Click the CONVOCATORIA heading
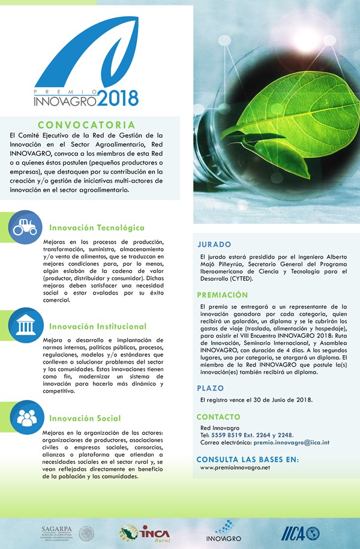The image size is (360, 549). (91, 125)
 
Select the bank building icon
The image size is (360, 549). (26, 326)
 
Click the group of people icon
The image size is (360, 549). (26, 418)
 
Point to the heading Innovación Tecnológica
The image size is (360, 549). (97, 228)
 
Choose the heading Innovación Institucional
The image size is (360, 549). (98, 326)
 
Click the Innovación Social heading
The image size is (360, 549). (85, 418)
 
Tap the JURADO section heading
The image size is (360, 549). (214, 245)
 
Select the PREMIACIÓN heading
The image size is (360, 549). (222, 295)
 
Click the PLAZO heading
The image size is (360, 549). (210, 388)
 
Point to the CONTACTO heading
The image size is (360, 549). (218, 416)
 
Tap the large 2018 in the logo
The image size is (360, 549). (118, 97)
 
